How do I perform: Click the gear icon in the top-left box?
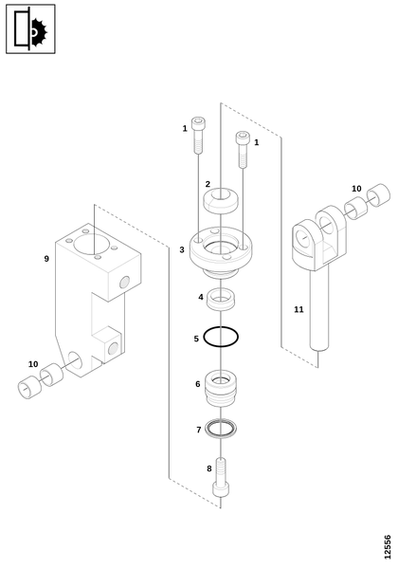coord(39,33)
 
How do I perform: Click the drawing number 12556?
coord(388,547)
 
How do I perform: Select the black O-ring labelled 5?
coord(221,337)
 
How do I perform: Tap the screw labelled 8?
coord(221,477)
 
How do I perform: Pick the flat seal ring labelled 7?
coord(221,429)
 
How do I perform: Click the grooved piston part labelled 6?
coord(221,388)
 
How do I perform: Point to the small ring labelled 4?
coord(221,299)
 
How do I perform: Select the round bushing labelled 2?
coord(221,200)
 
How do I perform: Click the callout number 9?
coord(46,259)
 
